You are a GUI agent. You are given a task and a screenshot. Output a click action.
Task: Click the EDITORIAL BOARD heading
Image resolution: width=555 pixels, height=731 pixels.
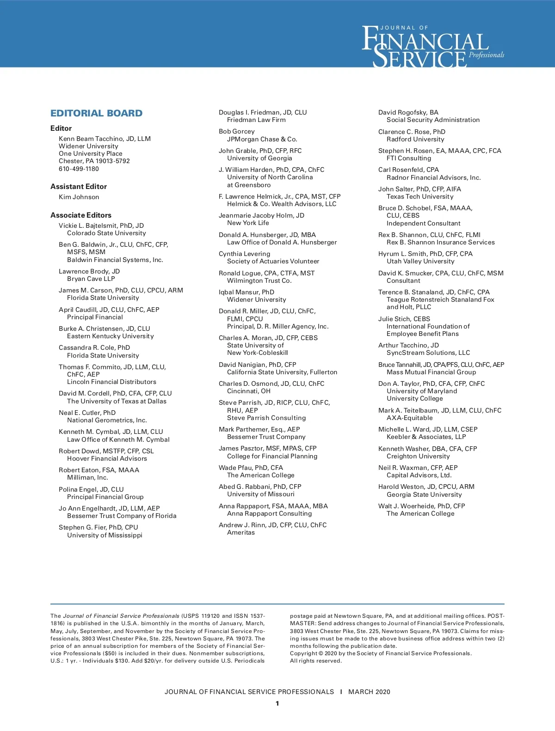coord(96,113)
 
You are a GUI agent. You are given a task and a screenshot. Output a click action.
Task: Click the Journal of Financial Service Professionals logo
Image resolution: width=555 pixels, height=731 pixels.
coord(432,46)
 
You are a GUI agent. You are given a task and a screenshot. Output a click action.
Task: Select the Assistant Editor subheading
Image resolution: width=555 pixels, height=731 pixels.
coord(79,187)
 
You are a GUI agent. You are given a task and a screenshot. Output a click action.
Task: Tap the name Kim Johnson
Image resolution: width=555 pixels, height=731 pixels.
coord(79,197)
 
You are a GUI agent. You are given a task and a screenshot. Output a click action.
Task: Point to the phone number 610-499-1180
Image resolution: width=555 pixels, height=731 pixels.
coord(79,169)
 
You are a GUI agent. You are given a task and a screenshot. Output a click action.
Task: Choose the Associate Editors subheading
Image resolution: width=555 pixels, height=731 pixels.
coord(81,215)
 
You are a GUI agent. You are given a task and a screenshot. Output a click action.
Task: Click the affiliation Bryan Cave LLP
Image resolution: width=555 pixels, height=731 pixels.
coord(91,279)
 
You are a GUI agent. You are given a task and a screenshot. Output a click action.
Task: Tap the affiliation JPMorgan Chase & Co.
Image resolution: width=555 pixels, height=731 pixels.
coord(262,139)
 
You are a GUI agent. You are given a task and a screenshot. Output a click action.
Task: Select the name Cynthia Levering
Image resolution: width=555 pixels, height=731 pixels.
coord(244,254)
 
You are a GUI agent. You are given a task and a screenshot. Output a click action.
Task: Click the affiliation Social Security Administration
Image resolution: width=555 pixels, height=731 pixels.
coord(433,120)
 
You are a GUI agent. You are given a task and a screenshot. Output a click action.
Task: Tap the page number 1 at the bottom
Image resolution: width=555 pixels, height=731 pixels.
coord(277,704)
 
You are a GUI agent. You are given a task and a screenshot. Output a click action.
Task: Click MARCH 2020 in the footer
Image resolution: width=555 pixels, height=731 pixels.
coord(369,692)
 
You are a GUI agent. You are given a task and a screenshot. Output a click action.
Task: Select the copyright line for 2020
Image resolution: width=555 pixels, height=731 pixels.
coord(381,653)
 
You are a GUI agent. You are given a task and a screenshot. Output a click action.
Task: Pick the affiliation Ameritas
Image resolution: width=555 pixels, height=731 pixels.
coord(240,533)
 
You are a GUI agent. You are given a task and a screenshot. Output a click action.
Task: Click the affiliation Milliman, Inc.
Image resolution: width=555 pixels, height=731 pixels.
coord(87,478)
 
